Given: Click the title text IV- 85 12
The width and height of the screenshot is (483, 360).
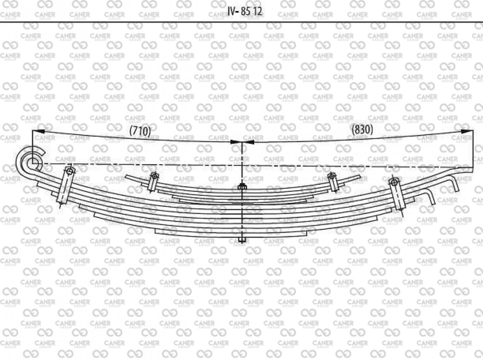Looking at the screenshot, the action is [x=245, y=11].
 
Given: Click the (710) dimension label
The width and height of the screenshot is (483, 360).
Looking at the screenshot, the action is [x=140, y=131].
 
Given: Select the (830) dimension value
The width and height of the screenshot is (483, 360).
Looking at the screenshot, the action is [x=362, y=130].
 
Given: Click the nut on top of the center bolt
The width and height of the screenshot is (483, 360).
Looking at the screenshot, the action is [x=242, y=187].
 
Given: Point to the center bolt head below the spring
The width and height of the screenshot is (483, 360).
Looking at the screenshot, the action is [x=242, y=240].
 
